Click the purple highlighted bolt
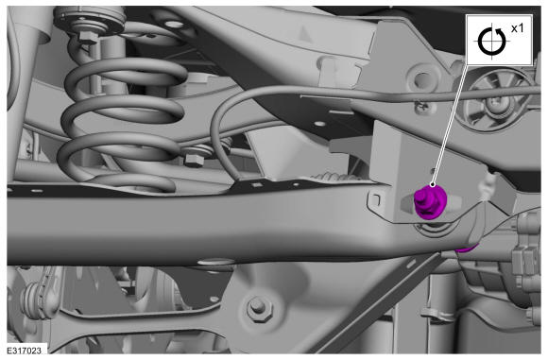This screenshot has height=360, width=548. coord(430,201)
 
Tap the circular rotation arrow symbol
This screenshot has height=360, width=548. coord(492,42)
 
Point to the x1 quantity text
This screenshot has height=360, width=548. coord(517,28)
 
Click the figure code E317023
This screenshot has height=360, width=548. coord(25,351)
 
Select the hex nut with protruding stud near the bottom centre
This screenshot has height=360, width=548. coord(258,308)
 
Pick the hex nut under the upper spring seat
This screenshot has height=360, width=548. coord(87,37)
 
